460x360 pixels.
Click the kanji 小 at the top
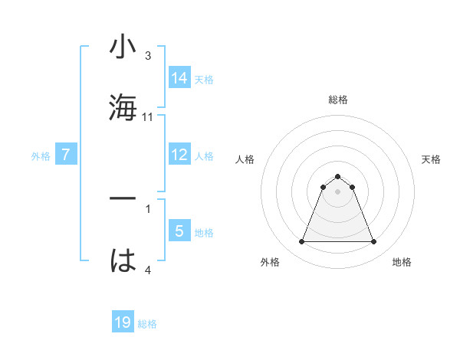(x=123, y=47)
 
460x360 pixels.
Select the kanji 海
(x=123, y=106)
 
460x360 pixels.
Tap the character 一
(x=123, y=199)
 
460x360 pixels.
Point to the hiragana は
(x=123, y=260)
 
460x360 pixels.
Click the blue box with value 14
(x=179, y=77)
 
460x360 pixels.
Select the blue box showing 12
(x=179, y=155)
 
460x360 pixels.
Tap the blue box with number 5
(x=179, y=231)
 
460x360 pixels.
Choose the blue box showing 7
(x=66, y=155)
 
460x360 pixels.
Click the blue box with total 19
(x=123, y=322)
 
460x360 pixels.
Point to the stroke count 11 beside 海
(x=148, y=117)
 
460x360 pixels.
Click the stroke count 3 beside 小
(x=148, y=56)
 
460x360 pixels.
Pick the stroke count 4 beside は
(x=148, y=270)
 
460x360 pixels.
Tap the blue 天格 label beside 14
(x=204, y=79)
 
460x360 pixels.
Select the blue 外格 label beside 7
(x=41, y=156)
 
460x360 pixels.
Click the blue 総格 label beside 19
(x=147, y=324)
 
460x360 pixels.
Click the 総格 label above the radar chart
(x=337, y=100)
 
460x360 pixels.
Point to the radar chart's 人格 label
(x=245, y=159)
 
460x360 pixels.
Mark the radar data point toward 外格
(x=301, y=242)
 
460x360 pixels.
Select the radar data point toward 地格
(x=373, y=242)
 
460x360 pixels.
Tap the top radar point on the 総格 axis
(x=337, y=176)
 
